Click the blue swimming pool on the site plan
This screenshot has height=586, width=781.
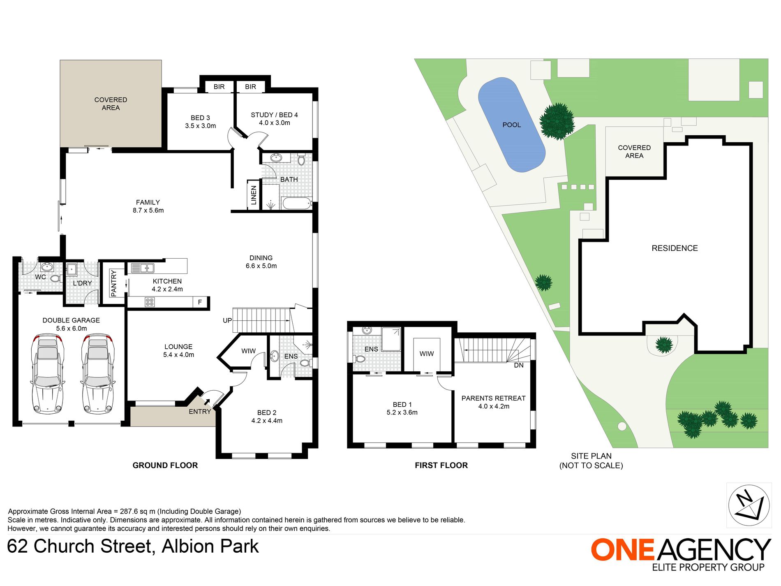[511, 125]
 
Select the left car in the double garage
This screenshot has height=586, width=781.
[48, 374]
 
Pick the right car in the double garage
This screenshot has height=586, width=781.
[98, 374]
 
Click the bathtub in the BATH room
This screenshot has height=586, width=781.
[296, 203]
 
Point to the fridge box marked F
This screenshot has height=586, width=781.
[200, 302]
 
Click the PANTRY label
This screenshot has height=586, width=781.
[114, 283]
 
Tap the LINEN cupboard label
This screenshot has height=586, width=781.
[254, 195]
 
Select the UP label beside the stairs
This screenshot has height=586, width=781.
[227, 320]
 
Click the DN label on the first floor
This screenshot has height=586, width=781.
[519, 365]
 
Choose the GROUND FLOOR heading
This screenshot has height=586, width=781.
[165, 465]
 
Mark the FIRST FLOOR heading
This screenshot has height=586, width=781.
[441, 465]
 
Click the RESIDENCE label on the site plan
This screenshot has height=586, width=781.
[675, 248]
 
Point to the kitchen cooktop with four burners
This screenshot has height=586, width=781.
[150, 303]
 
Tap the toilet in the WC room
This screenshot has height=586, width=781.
[55, 278]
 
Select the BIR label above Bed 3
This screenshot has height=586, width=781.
[219, 87]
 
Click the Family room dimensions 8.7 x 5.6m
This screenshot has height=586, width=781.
[148, 211]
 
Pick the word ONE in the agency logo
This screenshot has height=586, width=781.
[623, 549]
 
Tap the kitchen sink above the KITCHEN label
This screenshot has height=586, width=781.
[142, 268]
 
